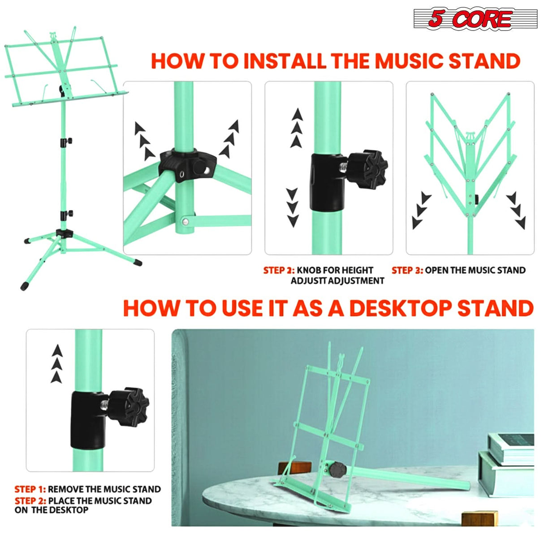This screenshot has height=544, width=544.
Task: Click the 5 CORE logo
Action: coord(475,19)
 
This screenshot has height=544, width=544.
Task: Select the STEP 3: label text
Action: coord(407,270)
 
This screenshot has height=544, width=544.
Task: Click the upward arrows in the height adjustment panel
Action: coord(297,128)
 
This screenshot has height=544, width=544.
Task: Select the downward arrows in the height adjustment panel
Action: coord(293,207)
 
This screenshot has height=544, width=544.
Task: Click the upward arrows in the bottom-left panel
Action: coord(57,363)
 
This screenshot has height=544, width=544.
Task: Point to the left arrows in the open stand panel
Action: coord(421,210)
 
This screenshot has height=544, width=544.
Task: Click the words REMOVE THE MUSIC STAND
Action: coord(104,489)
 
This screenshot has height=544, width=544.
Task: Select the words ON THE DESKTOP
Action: coord(52,510)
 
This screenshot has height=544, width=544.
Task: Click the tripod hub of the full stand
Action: coord(65,233)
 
